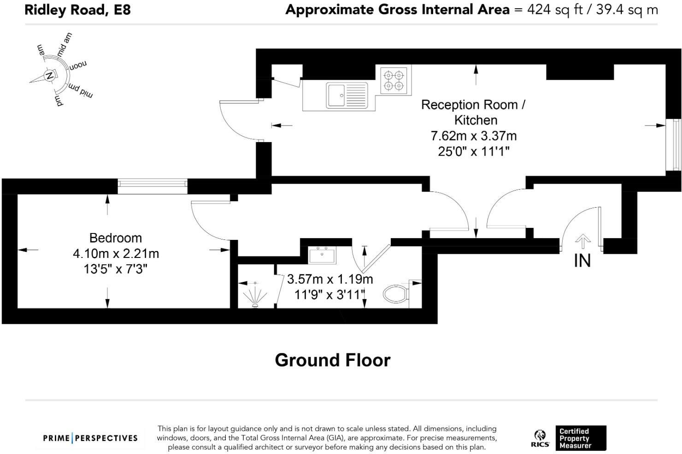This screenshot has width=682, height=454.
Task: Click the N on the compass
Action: (49, 75)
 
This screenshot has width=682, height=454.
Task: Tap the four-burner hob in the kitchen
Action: (394, 80)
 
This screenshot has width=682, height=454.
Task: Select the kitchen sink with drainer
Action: (347, 96)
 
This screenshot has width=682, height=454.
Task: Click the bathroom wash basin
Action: (322, 255)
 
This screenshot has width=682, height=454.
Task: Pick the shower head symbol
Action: (255, 295)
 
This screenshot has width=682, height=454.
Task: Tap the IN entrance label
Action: (582, 261)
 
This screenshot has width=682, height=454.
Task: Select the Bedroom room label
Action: (116, 238)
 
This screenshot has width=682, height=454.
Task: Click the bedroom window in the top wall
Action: (153, 186)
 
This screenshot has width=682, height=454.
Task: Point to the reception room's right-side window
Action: (673, 144)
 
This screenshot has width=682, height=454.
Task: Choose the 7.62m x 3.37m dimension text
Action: (474, 136)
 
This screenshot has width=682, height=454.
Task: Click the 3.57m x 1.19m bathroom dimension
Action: (330, 279)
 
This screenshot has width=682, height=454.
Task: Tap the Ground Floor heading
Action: (333, 360)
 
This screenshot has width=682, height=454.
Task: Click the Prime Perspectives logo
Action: (90, 438)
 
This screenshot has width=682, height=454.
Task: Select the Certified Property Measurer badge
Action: (581, 438)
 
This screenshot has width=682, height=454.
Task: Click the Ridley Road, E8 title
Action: (77, 10)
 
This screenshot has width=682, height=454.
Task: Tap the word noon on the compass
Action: (78, 65)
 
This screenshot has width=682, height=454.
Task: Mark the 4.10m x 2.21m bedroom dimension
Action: (116, 254)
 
